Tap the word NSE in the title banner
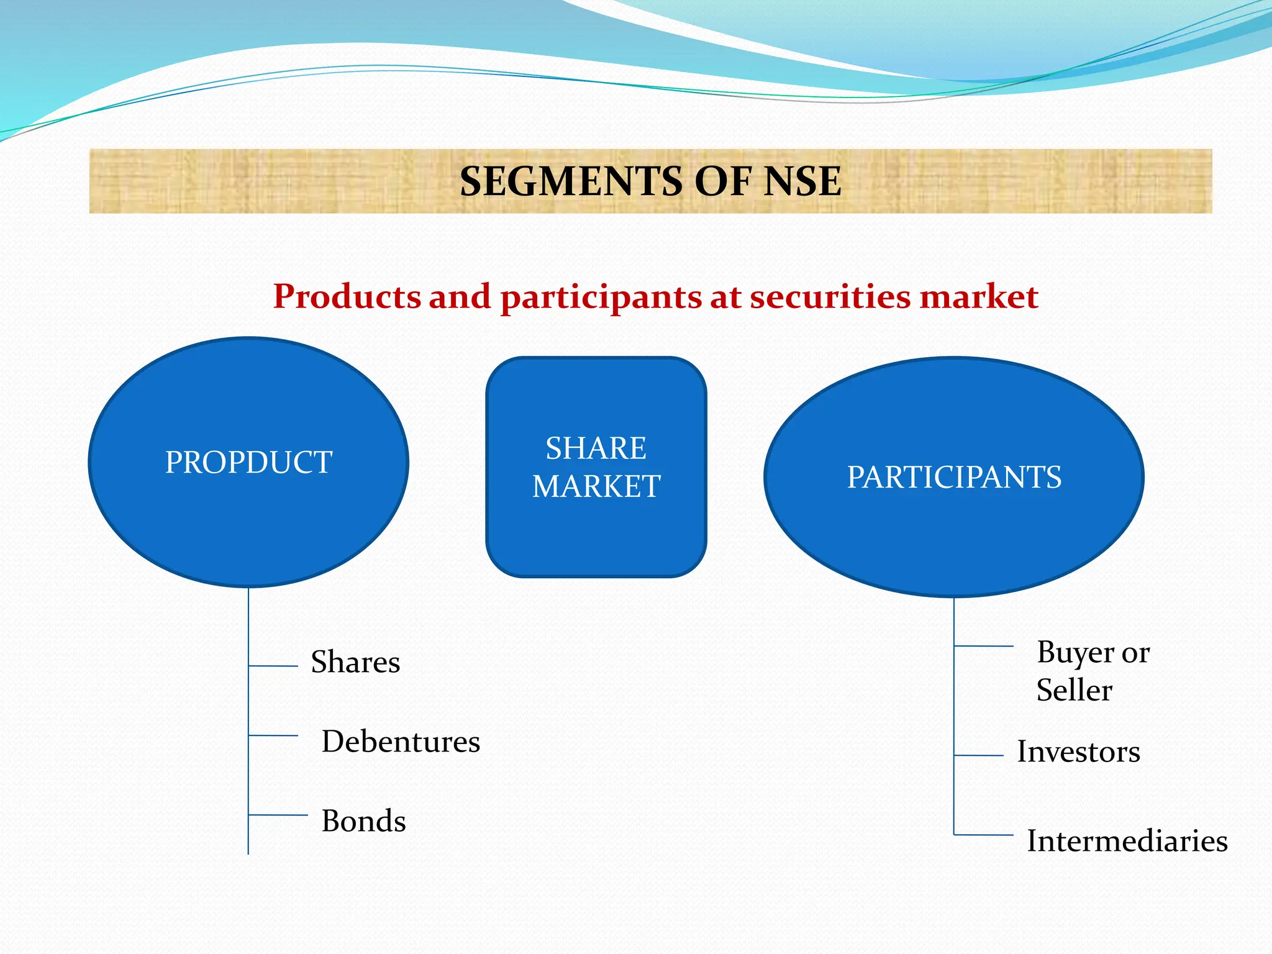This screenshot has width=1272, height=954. point(802,182)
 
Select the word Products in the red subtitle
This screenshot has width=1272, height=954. point(347,296)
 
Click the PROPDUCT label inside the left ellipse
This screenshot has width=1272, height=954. point(248,462)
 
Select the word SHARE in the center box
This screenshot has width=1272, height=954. point(596,448)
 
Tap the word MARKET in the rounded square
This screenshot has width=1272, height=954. point(596,486)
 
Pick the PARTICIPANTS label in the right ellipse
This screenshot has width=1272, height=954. point(954,477)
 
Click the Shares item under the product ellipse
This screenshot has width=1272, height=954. point(355,662)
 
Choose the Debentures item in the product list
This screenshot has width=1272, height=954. point(401,742)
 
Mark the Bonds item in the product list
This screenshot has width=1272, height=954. point(363,821)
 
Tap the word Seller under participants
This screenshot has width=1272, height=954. point(1074,691)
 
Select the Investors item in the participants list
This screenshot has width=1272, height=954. point(1078,752)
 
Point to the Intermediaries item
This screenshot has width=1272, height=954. point(1127,841)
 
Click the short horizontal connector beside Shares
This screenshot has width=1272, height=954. point(273,666)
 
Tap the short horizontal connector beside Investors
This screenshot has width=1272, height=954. point(979,755)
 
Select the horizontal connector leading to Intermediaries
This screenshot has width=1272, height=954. point(984,835)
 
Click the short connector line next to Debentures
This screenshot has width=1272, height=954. point(273,735)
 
